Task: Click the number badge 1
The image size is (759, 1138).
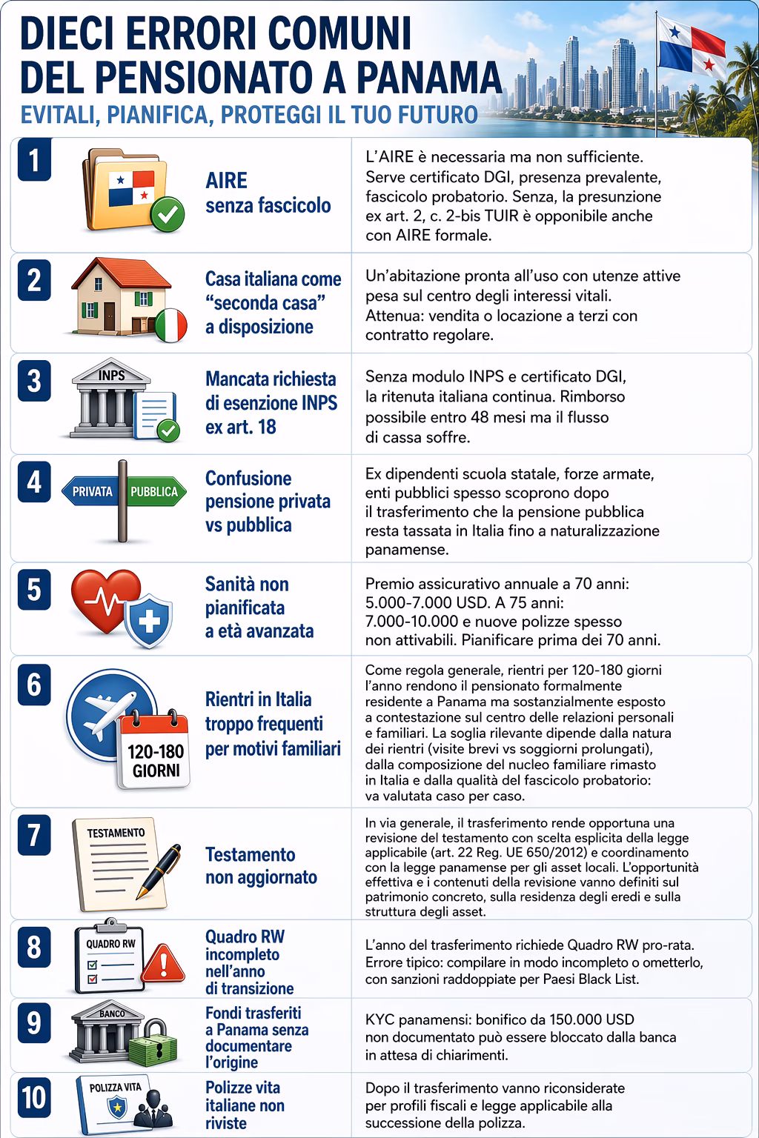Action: [x=34, y=162]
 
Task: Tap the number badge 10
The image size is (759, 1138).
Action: [x=34, y=1097]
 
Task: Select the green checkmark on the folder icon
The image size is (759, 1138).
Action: [x=168, y=216]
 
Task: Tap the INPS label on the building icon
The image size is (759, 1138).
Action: [x=112, y=375]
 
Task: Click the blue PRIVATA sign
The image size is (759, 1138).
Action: [x=93, y=491]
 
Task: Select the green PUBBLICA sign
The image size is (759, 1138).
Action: [x=154, y=491]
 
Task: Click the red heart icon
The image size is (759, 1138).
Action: [x=104, y=602]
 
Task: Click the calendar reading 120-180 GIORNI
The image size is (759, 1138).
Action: [x=156, y=750]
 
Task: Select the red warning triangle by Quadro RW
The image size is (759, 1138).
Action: [x=163, y=965]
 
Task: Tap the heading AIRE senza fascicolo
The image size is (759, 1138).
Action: [x=268, y=193]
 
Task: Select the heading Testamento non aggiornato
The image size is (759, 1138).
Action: [x=261, y=865]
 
